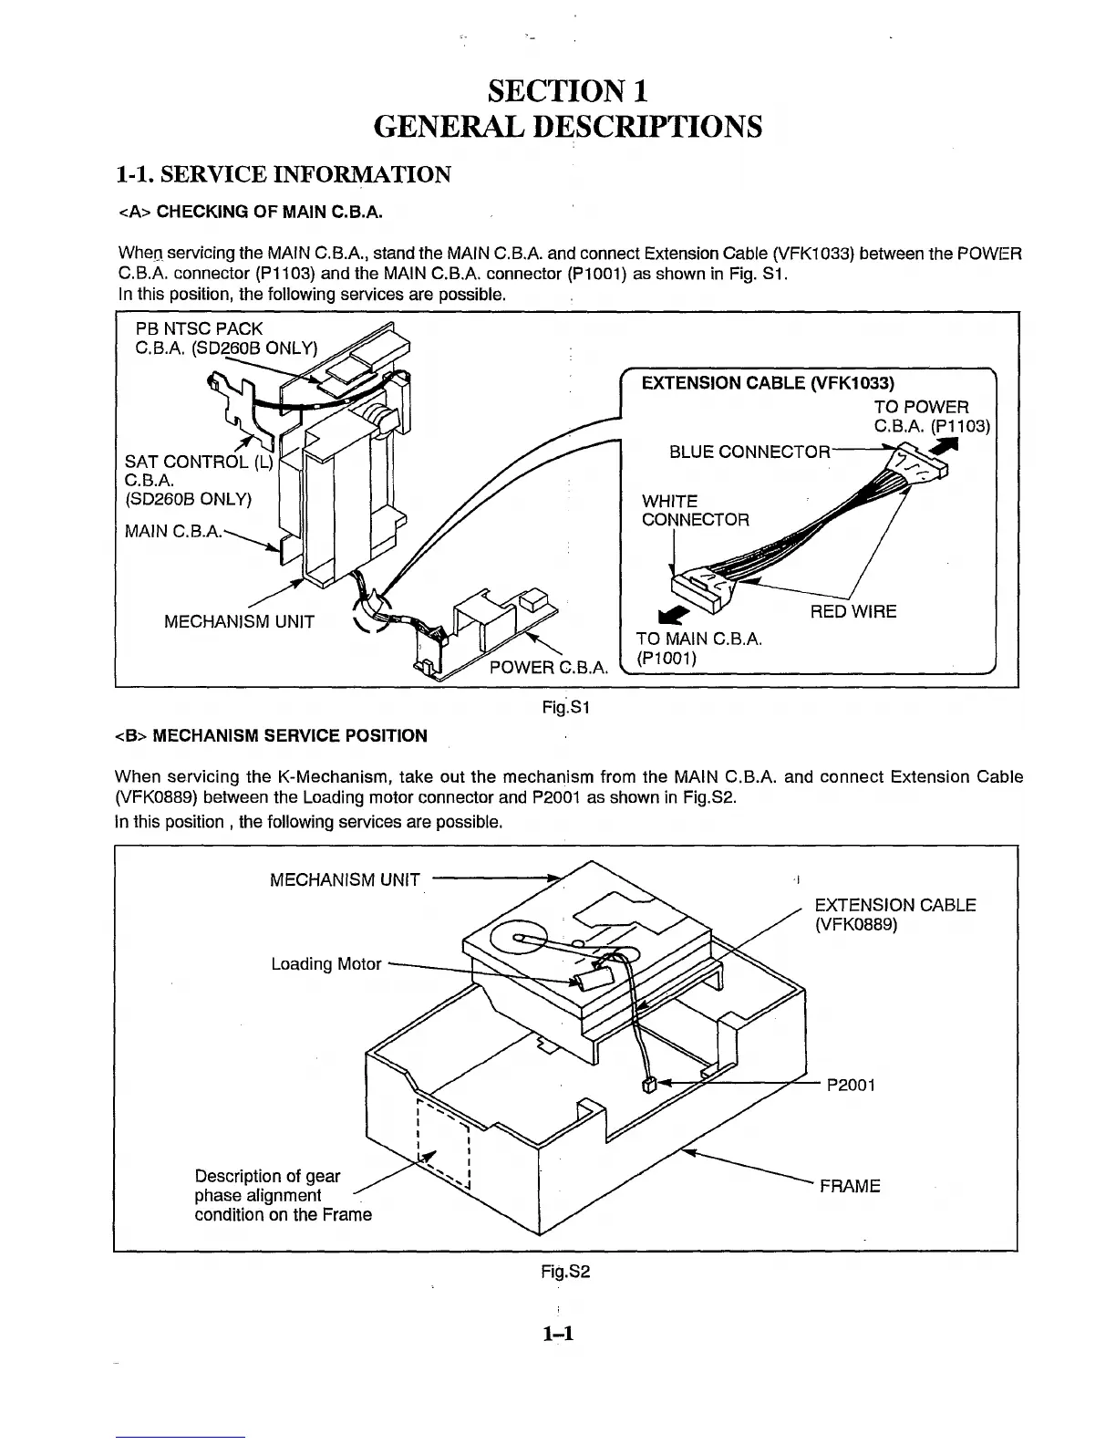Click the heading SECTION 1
pyautogui.click(x=568, y=90)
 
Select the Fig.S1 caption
pyautogui.click(x=567, y=706)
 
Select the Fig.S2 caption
pyautogui.click(x=566, y=1270)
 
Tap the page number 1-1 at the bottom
pyautogui.click(x=556, y=1334)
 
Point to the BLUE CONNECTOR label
pyautogui.click(x=749, y=452)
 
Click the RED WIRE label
pyautogui.click(x=852, y=611)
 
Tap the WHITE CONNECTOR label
pyautogui.click(x=696, y=511)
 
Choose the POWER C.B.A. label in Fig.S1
pyautogui.click(x=548, y=667)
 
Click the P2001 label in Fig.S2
pyautogui.click(x=851, y=1086)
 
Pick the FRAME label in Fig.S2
pyautogui.click(x=849, y=1186)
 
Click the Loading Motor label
pyautogui.click(x=326, y=964)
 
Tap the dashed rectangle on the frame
pyautogui.click(x=442, y=1144)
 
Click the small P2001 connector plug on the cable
pyautogui.click(x=649, y=1085)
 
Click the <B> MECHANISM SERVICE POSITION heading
pyautogui.click(x=271, y=735)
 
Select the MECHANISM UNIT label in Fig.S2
pyautogui.click(x=345, y=879)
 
